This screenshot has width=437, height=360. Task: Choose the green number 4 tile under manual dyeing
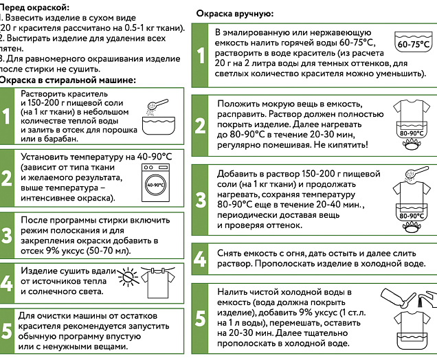pyautogui.click(x=200, y=258)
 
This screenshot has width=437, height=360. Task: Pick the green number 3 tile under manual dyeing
pyautogui.click(x=200, y=199)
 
